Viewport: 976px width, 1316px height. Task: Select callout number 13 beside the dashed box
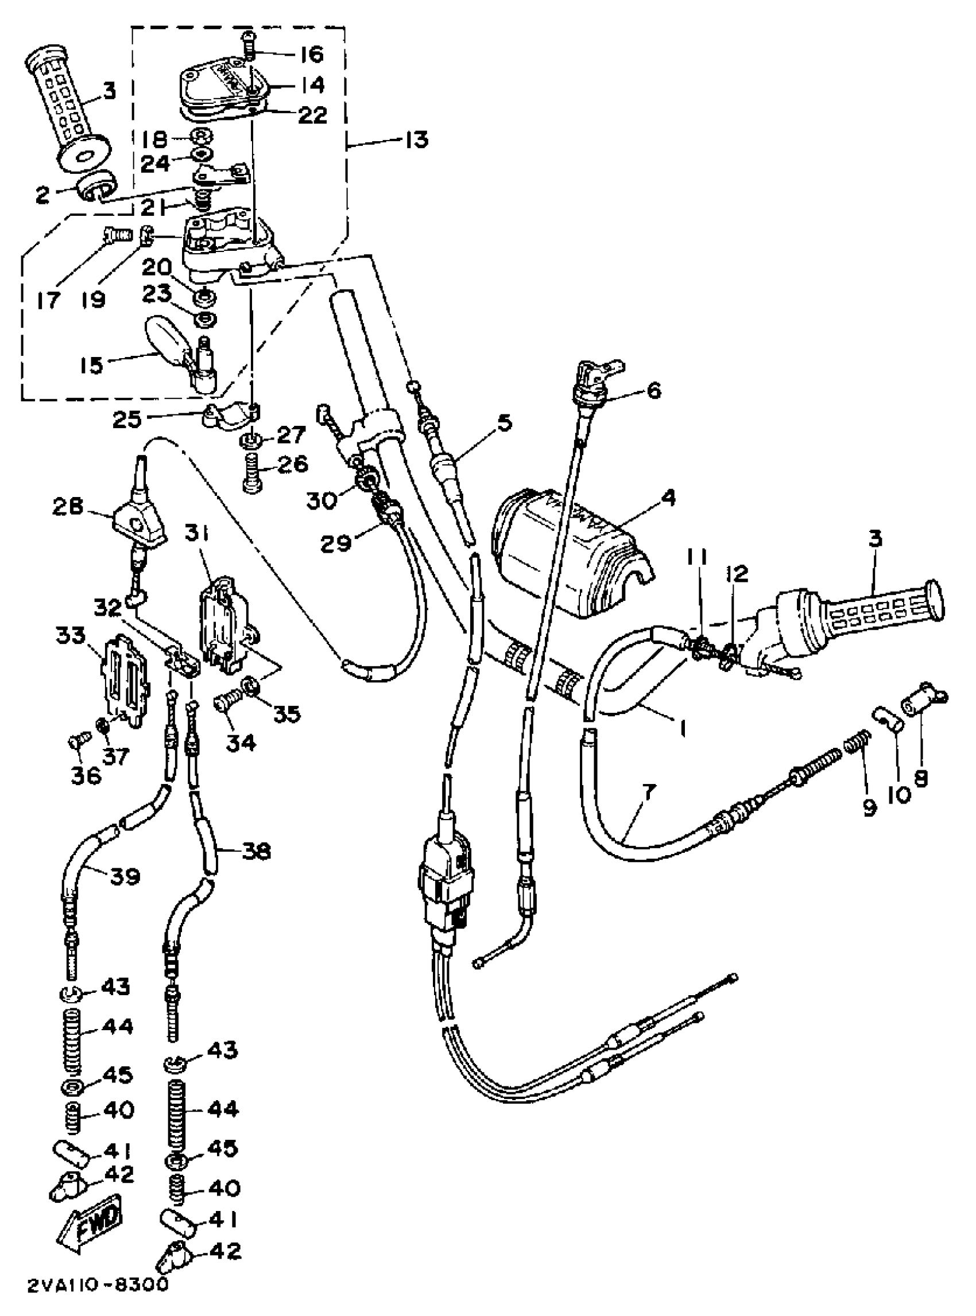tap(417, 141)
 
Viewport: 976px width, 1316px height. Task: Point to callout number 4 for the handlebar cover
tap(668, 498)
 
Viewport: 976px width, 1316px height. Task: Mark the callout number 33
tap(70, 636)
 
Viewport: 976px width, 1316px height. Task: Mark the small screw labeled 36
tap(80, 738)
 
